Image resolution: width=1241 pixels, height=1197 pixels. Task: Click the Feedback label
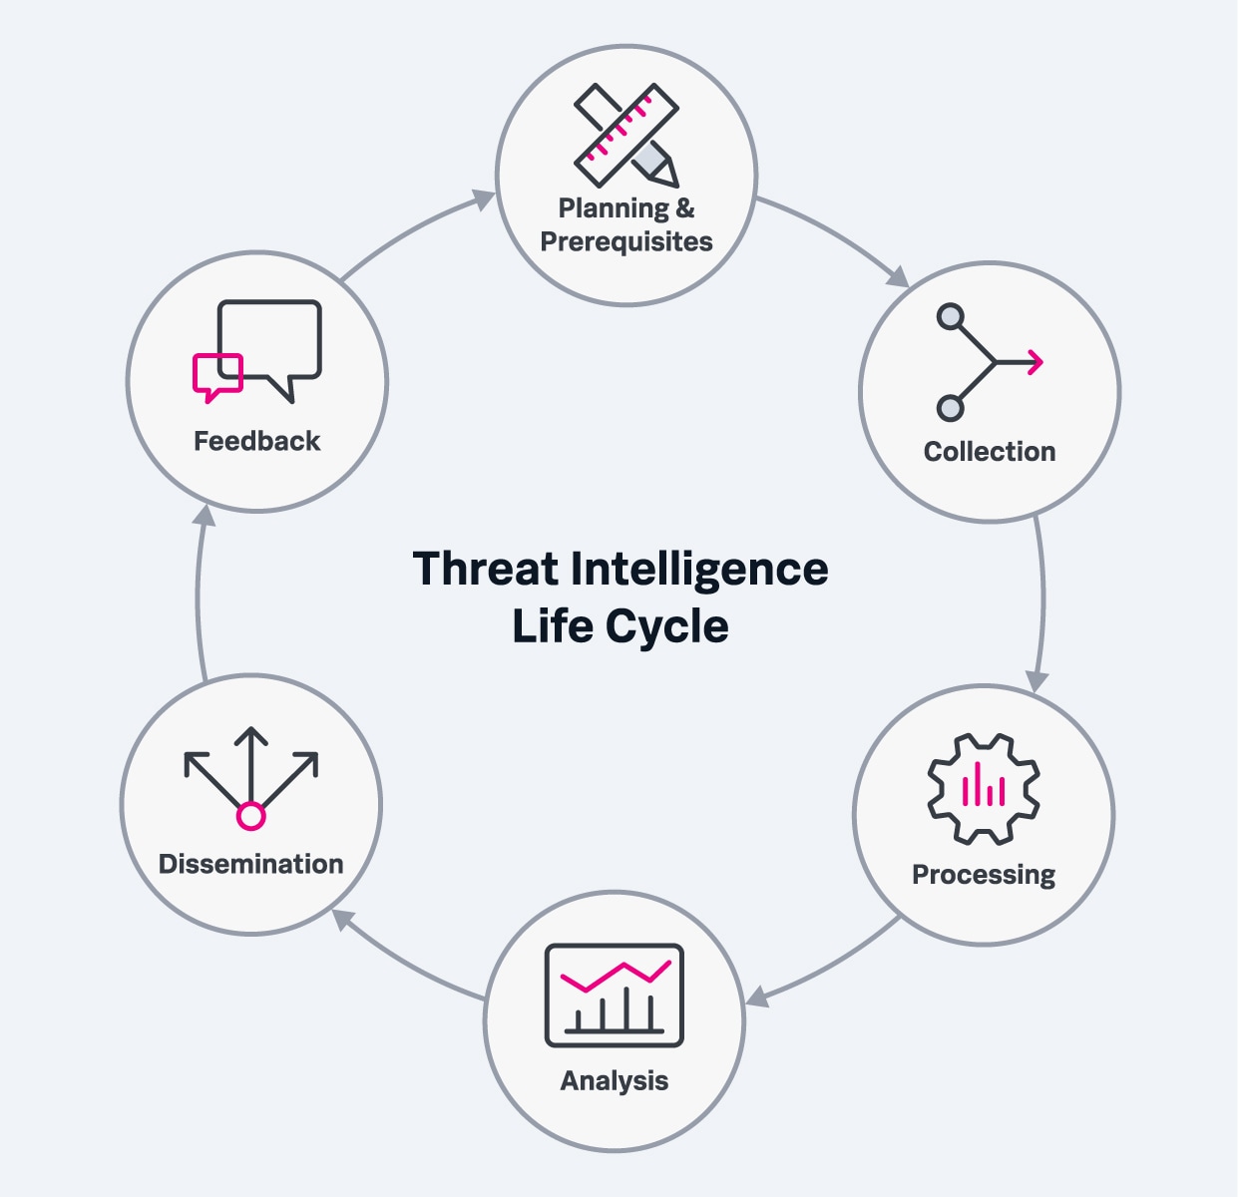[x=256, y=441]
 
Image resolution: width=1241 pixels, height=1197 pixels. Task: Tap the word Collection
[x=989, y=452]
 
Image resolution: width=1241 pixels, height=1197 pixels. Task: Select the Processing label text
[x=984, y=876]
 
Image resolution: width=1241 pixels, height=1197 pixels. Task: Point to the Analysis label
[x=615, y=1081]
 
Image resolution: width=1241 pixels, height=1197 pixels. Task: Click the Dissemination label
[x=250, y=864]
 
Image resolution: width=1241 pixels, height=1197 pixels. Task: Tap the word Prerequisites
[x=626, y=242]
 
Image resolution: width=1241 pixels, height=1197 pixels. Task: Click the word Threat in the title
[x=486, y=569]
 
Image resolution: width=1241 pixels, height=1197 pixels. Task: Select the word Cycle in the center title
[x=666, y=626]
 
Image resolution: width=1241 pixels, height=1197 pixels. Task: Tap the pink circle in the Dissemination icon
[x=250, y=816]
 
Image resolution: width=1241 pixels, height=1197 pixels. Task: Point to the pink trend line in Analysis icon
[x=615, y=976]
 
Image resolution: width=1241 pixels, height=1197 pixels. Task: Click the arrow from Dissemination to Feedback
[x=199, y=594]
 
